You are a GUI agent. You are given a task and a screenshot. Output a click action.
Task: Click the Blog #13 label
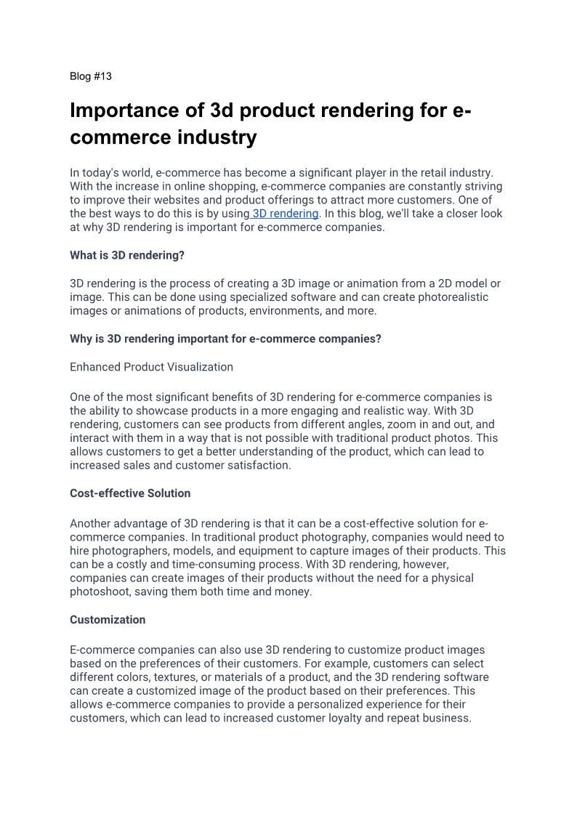click(x=91, y=76)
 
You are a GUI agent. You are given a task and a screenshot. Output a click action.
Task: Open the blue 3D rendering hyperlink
click(x=285, y=214)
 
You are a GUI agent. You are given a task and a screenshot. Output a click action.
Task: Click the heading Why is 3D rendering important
click(x=225, y=339)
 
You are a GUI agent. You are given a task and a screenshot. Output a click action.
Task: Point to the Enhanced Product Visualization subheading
click(x=151, y=367)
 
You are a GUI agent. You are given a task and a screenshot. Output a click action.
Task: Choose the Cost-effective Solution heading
click(x=130, y=493)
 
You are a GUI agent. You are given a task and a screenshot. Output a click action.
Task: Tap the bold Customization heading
click(x=108, y=620)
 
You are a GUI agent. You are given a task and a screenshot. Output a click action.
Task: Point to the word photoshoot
click(x=100, y=592)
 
